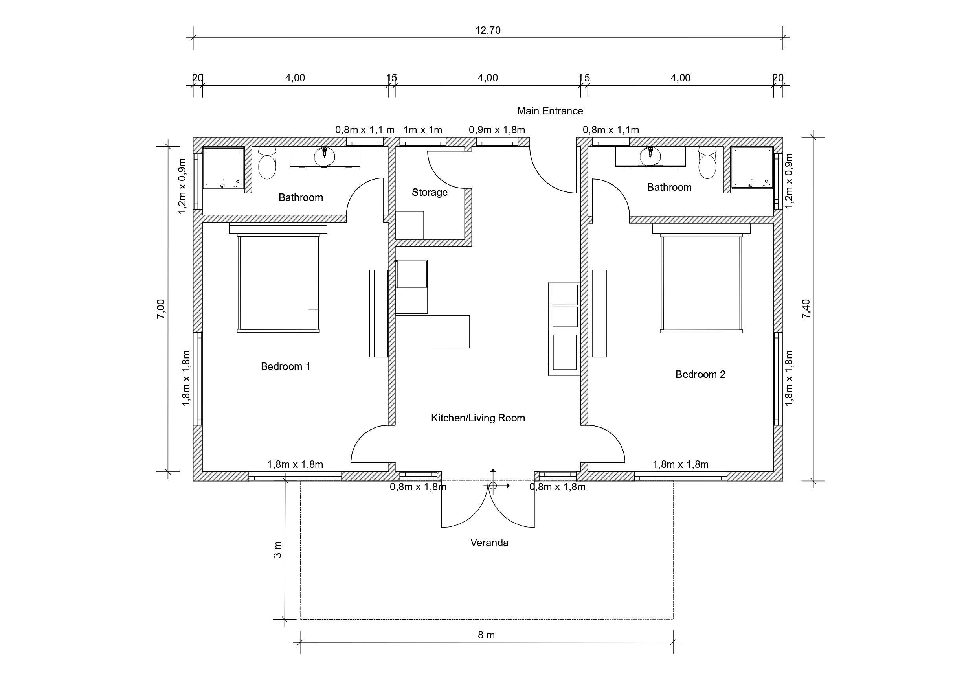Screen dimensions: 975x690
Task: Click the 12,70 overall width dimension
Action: tap(488, 31)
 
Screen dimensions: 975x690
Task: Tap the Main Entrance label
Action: tap(550, 111)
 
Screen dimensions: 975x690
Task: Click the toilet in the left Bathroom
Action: tap(267, 163)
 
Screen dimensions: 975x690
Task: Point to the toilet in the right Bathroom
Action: tap(707, 163)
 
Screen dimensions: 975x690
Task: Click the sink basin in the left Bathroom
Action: tap(325, 157)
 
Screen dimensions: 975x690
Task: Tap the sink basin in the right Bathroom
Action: tap(650, 157)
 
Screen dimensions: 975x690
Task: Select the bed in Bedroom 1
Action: tap(278, 278)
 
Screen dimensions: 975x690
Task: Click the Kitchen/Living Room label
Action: tap(478, 418)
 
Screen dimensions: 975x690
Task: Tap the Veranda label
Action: tap(489, 543)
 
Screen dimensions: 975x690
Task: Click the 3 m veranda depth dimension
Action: tap(277, 549)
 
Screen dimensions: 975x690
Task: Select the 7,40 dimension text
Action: tap(806, 309)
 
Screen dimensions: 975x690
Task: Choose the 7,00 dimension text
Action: tap(160, 309)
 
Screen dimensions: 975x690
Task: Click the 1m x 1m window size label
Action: tap(423, 130)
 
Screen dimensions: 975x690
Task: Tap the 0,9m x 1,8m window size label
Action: tap(497, 130)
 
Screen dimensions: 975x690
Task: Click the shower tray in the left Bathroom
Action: tap(223, 168)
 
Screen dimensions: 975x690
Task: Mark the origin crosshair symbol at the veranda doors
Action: tap(492, 485)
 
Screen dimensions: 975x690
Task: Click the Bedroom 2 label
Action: tap(700, 374)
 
